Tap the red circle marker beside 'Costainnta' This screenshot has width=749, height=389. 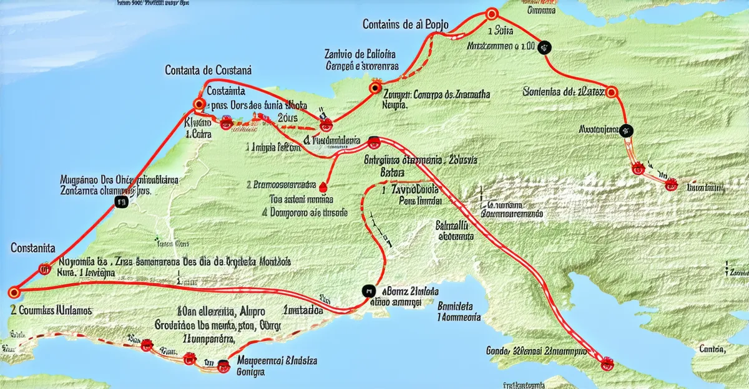pyautogui.click(x=200, y=104)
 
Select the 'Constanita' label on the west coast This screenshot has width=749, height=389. pyautogui.click(x=32, y=248)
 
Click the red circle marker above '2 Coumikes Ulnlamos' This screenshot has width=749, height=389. pyautogui.click(x=14, y=292)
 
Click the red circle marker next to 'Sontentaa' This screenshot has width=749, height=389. pyautogui.click(x=612, y=93)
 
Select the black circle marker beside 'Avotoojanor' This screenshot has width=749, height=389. pyautogui.click(x=626, y=131)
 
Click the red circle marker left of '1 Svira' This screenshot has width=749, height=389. pyautogui.click(x=491, y=13)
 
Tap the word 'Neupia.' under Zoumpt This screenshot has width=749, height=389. pyautogui.click(x=394, y=105)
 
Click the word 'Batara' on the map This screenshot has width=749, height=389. pyautogui.click(x=392, y=171)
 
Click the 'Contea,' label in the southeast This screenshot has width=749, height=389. pyautogui.click(x=712, y=348)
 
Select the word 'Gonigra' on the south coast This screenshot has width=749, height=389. pyautogui.click(x=252, y=372)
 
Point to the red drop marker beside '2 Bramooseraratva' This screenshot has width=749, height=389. pyautogui.click(x=323, y=186)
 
